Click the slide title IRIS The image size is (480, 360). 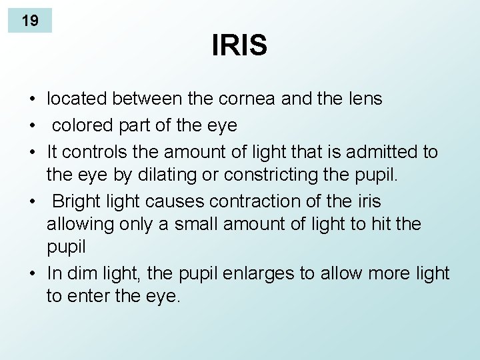[239, 46]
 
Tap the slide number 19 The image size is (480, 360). [30, 21]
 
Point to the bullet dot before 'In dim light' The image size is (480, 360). [32, 273]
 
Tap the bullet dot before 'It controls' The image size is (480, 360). [32, 153]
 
